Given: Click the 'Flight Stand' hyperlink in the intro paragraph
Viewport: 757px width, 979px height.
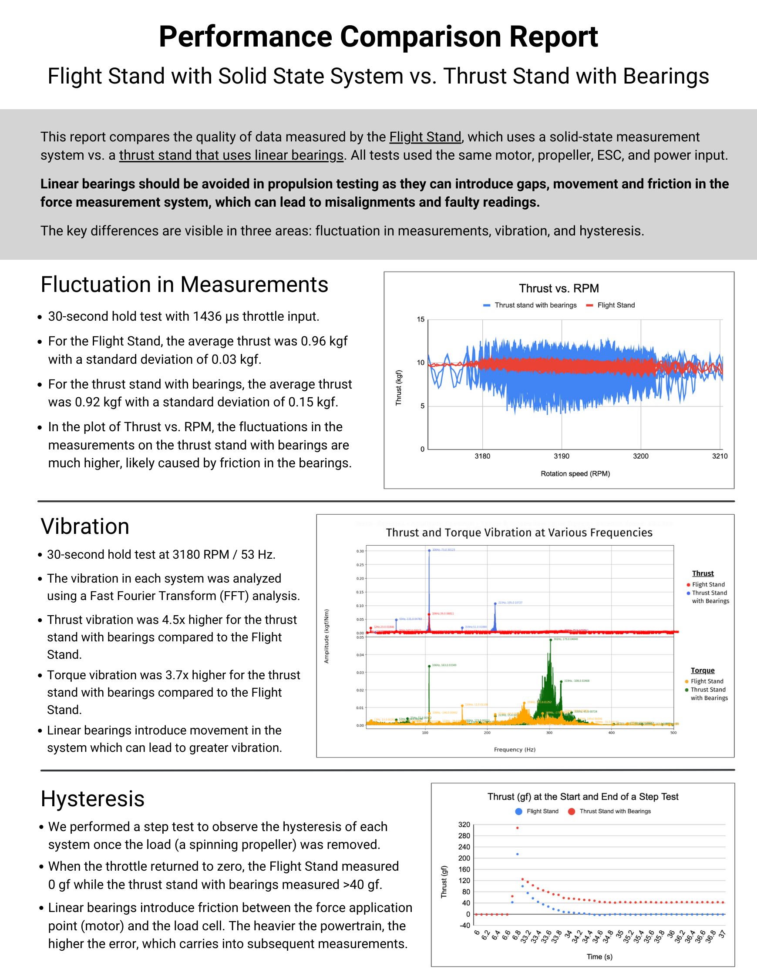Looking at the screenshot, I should (425, 137).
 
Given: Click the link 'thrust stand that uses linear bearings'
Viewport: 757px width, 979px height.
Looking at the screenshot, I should (231, 155).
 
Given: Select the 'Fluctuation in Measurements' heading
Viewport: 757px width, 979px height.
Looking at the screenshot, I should (184, 285).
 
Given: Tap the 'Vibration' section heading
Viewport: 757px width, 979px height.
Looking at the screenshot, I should (85, 526).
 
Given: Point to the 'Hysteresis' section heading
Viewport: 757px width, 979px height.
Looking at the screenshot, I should (92, 799).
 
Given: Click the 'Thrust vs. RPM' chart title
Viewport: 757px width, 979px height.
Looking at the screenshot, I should (559, 288).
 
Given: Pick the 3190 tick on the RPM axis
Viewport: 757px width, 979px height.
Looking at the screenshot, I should (562, 456).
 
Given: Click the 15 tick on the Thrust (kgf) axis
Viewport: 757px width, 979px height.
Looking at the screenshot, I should (420, 320).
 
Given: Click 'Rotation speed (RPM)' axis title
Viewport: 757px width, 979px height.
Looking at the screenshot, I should (575, 474).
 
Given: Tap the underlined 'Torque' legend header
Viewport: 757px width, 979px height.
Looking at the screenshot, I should (702, 671).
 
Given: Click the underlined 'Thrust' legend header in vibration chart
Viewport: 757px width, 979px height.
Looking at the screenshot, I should (703, 573).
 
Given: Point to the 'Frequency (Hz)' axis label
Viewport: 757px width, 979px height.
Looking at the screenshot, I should (515, 750).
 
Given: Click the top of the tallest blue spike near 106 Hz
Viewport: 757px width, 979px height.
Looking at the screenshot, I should (429, 550).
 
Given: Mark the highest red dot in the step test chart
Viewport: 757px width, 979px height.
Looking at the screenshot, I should (518, 828).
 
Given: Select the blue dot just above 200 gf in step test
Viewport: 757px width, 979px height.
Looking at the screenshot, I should (518, 855).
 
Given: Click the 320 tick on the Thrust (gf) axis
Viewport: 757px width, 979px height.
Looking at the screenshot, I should (464, 825).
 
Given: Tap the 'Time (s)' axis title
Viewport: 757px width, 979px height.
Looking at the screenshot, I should (599, 956).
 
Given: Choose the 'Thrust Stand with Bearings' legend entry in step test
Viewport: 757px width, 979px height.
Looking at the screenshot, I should (614, 811).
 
